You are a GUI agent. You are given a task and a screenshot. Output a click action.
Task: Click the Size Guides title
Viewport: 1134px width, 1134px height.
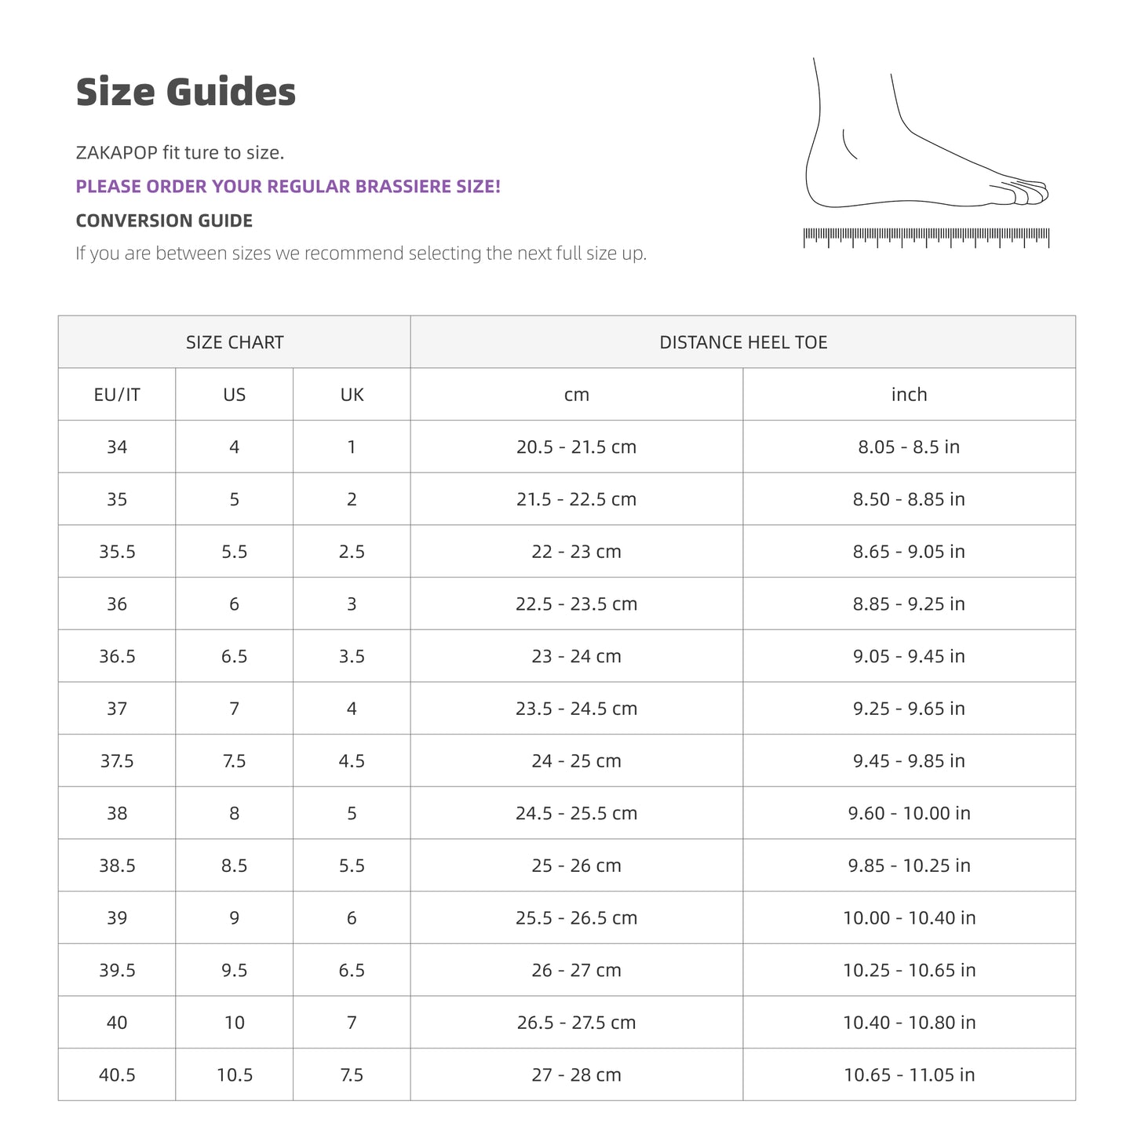tap(186, 93)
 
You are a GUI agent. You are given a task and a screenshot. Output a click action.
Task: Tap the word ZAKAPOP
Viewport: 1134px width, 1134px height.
tap(116, 152)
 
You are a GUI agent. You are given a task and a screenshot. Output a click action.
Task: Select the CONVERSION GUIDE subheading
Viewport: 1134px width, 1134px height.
tap(164, 221)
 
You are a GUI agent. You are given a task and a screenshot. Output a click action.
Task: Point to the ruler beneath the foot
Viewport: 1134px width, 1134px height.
tap(926, 236)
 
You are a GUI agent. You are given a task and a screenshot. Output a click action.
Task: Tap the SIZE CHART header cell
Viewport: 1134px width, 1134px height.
tap(235, 342)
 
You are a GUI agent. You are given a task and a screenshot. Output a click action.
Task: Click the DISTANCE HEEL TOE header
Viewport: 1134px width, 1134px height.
tap(743, 342)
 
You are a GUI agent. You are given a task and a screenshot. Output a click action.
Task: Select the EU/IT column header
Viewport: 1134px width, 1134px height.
tap(117, 395)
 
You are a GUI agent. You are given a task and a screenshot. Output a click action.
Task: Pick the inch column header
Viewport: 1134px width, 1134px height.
tap(909, 395)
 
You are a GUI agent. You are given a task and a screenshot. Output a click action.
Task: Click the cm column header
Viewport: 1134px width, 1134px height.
tap(577, 395)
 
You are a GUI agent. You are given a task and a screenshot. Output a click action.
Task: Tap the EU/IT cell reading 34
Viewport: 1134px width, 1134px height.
tap(117, 447)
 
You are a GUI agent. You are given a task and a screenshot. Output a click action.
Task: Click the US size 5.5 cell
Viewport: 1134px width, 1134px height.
tap(235, 552)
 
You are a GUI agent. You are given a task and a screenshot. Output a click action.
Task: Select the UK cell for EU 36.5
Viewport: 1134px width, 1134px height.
tap(352, 656)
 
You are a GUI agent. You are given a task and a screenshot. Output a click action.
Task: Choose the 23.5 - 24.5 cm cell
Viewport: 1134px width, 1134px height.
tap(577, 709)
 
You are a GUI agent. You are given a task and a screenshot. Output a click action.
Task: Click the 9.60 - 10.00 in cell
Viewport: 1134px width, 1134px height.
tap(909, 813)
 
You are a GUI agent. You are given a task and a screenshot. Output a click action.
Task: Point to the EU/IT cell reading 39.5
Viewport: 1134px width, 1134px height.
tap(117, 971)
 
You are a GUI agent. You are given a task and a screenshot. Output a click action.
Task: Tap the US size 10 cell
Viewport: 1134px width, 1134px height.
tap(235, 1023)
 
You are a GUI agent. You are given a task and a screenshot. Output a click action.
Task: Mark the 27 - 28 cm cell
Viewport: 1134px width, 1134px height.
tap(577, 1075)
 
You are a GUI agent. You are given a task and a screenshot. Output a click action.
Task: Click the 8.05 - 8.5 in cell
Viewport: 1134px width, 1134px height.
tap(909, 447)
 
